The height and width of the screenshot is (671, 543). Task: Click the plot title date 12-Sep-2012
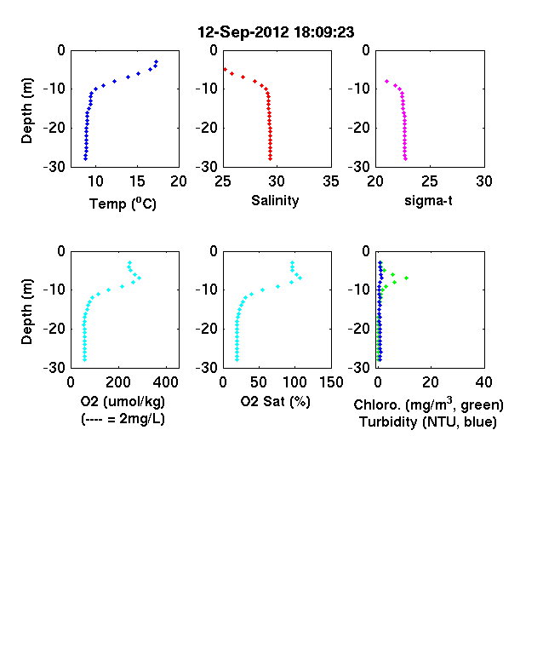(x=243, y=32)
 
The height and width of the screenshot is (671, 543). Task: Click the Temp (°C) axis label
(x=123, y=204)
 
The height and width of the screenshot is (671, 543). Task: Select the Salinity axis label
(x=275, y=200)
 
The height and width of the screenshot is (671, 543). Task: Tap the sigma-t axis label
(x=428, y=200)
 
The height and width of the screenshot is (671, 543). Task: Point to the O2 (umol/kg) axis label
(x=123, y=401)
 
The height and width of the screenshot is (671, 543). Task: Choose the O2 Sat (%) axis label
(x=276, y=401)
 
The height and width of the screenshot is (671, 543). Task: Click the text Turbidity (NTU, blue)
(x=428, y=422)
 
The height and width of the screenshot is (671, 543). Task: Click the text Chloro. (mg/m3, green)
(x=428, y=404)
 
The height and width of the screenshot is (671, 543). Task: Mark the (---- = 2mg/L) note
(x=123, y=418)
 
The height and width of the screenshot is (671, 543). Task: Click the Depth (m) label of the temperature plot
(x=26, y=111)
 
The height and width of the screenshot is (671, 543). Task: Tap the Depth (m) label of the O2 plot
(x=26, y=312)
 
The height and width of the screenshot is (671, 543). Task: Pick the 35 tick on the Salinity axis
(x=331, y=181)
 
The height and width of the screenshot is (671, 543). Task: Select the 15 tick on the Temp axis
(x=137, y=181)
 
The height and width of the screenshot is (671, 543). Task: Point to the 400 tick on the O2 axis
(x=166, y=382)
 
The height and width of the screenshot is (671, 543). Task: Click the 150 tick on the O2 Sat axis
(x=331, y=382)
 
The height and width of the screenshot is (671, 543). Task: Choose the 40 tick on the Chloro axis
(x=483, y=382)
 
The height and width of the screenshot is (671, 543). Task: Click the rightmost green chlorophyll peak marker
(x=406, y=278)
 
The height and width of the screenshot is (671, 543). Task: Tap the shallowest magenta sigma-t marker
(x=386, y=81)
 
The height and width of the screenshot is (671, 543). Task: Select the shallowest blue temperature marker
(x=157, y=61)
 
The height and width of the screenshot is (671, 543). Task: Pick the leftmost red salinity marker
(x=225, y=69)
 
